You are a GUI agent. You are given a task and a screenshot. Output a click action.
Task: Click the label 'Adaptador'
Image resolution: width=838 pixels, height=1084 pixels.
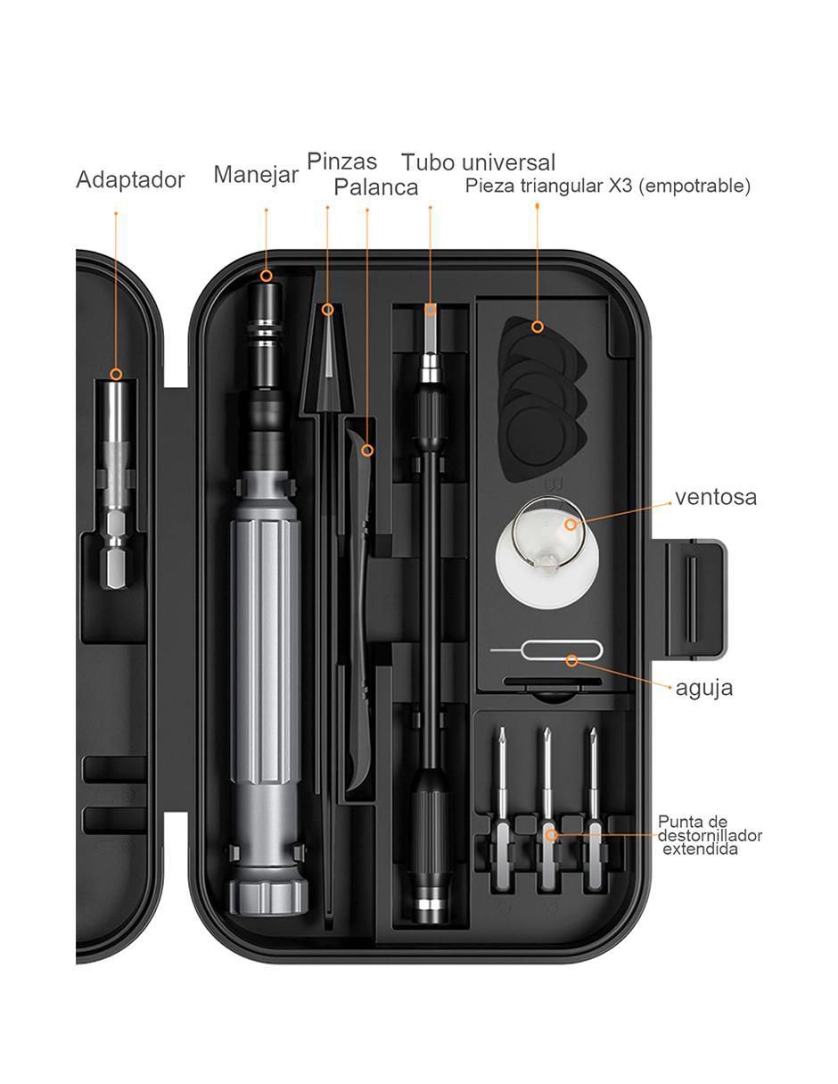click(x=130, y=179)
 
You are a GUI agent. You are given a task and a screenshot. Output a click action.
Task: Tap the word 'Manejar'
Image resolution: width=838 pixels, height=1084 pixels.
click(x=256, y=175)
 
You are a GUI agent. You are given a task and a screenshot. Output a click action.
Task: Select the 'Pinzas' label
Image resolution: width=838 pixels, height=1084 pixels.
click(x=341, y=161)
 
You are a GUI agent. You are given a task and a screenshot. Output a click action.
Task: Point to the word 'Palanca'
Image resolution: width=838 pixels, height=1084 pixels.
click(x=376, y=187)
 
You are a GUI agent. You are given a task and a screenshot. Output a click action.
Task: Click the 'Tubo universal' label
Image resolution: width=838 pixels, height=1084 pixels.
click(x=479, y=162)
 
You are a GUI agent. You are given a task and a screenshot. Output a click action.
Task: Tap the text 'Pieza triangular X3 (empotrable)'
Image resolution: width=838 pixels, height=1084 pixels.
click(x=608, y=186)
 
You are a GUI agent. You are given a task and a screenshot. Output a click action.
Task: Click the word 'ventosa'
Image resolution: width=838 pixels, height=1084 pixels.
click(x=716, y=497)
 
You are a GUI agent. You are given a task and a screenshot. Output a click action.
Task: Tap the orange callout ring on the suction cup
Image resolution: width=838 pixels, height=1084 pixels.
click(x=571, y=525)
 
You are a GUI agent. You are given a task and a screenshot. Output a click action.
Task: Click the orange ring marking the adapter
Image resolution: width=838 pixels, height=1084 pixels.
click(x=116, y=374)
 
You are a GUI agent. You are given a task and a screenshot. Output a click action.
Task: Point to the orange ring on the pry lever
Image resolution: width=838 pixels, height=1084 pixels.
click(x=367, y=451)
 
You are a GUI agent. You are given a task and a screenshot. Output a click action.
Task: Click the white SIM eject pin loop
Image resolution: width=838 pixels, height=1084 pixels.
click(x=561, y=650)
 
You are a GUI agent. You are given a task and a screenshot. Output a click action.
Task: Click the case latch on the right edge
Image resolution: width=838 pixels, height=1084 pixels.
click(x=694, y=598)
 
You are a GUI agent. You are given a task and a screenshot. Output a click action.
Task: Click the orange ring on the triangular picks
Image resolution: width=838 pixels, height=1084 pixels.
click(x=537, y=327)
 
